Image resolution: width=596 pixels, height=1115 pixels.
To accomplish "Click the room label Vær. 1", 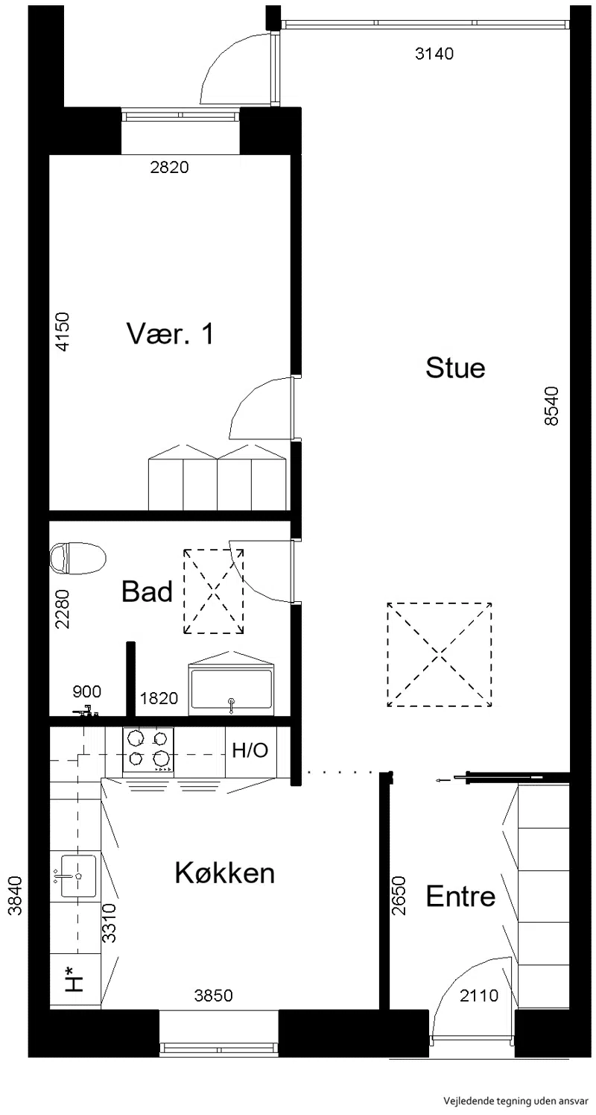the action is click(x=171, y=333).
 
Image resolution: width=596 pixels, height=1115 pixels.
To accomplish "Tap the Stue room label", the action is click(x=455, y=368).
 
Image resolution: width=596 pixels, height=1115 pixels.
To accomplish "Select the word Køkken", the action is click(x=225, y=873).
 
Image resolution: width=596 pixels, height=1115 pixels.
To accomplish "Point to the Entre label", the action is click(x=461, y=896).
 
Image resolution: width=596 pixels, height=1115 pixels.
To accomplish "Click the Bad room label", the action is click(x=147, y=592).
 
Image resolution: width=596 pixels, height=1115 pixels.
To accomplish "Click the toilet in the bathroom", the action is click(x=78, y=558).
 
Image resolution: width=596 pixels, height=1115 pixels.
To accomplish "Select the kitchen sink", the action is click(x=74, y=876).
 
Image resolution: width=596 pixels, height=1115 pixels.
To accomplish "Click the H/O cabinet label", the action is click(x=250, y=750).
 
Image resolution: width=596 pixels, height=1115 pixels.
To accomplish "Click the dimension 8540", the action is click(x=552, y=406).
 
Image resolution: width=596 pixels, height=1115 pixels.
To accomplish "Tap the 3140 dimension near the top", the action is click(x=434, y=53).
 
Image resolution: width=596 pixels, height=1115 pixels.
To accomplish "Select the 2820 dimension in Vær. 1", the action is click(x=170, y=167).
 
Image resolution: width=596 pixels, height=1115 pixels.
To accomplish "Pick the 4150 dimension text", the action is click(x=63, y=331).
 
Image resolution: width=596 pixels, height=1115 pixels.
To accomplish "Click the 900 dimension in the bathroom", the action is click(x=87, y=691).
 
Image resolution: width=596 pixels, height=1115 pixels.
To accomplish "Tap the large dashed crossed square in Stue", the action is click(x=440, y=655).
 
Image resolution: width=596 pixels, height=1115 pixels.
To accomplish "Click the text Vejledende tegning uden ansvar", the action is click(x=516, y=1101).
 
